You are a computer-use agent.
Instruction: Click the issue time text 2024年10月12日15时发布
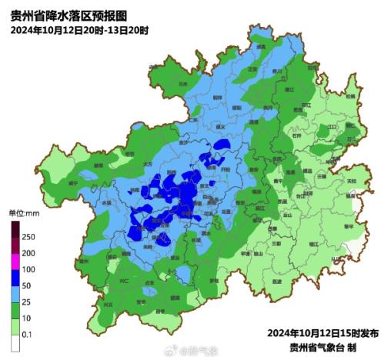tap(322, 333)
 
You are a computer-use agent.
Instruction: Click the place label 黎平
tap(348, 225)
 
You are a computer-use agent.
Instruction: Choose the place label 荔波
tap(278, 282)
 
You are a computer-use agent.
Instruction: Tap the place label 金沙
tap(183, 142)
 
